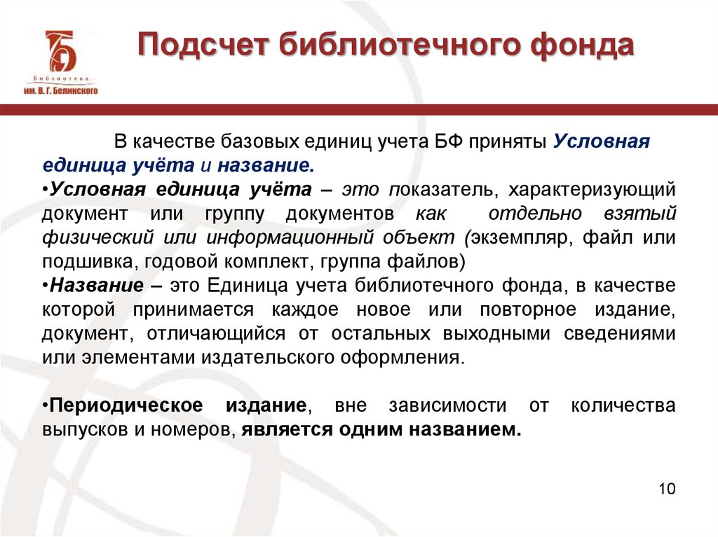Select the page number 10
667,489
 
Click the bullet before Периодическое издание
44,405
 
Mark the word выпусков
81,429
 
